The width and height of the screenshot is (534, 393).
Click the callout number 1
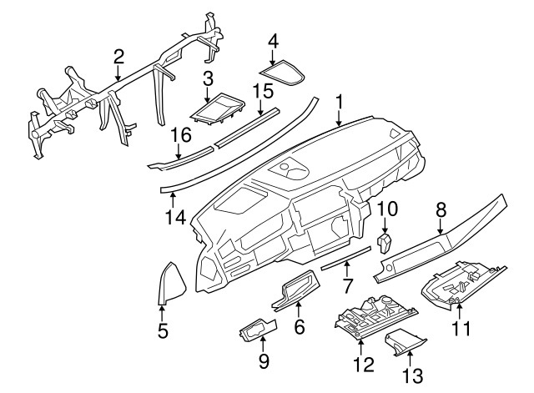coord(339,103)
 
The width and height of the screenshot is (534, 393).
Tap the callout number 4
coord(274,39)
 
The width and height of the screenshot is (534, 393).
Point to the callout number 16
coord(182,134)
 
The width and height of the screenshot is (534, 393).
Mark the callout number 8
coord(441,209)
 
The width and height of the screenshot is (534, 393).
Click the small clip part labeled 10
coord(385,243)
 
